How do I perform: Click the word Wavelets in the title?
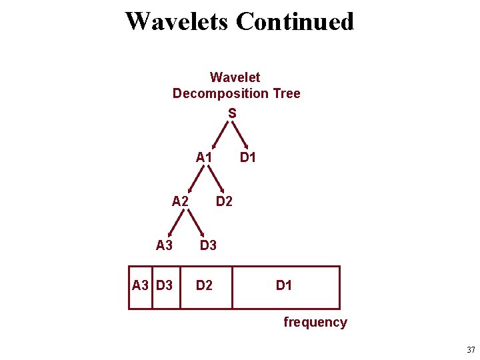[177, 21]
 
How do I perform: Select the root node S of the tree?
[232, 114]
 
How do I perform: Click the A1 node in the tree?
[204, 158]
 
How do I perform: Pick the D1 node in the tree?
[248, 158]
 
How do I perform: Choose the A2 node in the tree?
[180, 201]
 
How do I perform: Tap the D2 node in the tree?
[224, 201]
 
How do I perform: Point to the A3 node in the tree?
[164, 245]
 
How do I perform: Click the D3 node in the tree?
[208, 245]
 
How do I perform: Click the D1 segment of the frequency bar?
[285, 286]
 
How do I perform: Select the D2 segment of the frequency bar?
[204, 286]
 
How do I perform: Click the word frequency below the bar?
[315, 323]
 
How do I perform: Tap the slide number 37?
[471, 350]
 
